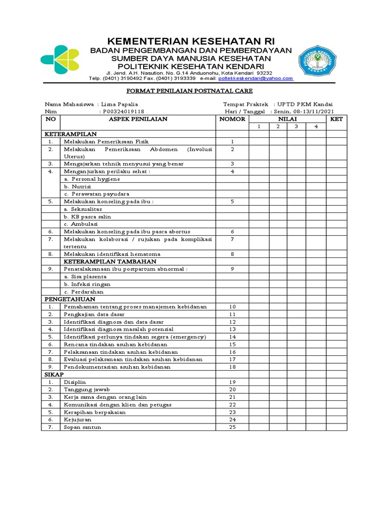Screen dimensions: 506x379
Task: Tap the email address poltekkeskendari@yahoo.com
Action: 256,79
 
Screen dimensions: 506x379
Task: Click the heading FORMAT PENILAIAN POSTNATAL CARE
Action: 189,91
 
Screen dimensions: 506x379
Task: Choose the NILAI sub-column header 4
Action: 315,127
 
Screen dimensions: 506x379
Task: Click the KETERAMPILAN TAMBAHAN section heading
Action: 110,261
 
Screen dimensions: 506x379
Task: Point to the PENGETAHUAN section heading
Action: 70,299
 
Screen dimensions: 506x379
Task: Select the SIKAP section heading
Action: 54,375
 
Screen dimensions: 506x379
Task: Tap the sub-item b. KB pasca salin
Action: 87,216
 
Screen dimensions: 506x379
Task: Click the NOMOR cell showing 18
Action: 232,367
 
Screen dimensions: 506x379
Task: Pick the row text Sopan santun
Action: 82,427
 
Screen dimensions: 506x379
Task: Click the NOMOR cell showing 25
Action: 232,427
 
